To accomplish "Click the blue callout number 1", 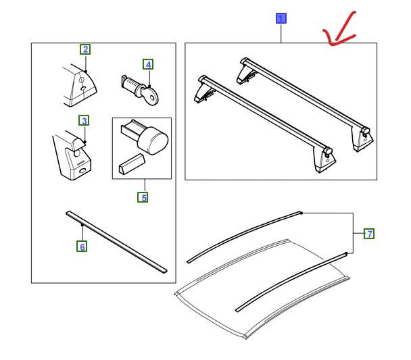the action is (281, 18).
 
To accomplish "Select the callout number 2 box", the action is (85, 49).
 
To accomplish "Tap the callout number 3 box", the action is (84, 120).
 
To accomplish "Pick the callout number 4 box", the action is (148, 64).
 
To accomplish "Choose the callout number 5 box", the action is (143, 197).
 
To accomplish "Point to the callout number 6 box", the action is (82, 247).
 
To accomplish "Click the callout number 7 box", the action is (369, 234).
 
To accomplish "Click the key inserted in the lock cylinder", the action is (149, 96).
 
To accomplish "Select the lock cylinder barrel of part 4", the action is (130, 83).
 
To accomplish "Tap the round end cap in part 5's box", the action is (153, 140).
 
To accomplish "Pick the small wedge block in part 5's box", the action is (132, 164).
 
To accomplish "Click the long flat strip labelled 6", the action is (116, 242).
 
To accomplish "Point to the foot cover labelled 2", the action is (79, 85).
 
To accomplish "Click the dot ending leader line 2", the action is (86, 71).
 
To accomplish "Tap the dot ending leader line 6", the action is (82, 225).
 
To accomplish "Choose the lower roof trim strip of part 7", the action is (291, 282).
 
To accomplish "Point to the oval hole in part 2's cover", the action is (84, 88).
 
